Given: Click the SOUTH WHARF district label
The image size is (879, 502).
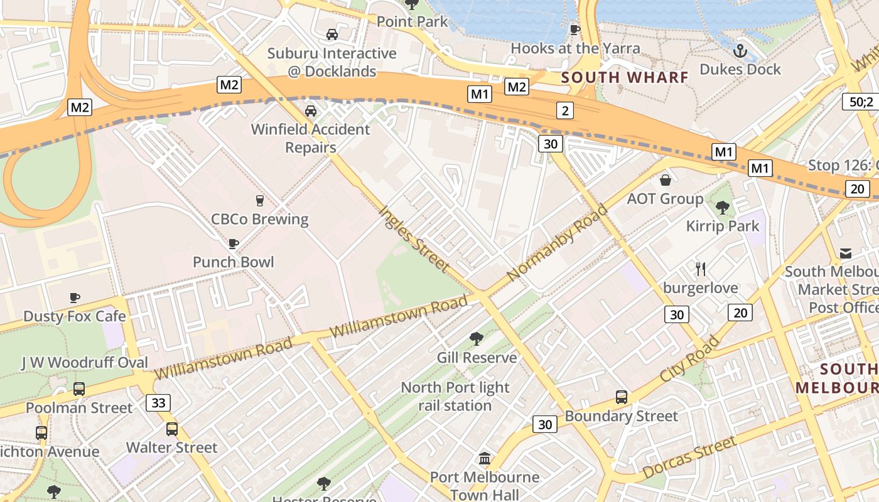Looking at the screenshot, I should pyautogui.click(x=625, y=77).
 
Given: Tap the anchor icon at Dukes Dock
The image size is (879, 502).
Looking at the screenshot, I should pyautogui.click(x=740, y=51).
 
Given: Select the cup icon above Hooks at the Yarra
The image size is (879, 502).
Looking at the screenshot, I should pyautogui.click(x=574, y=29).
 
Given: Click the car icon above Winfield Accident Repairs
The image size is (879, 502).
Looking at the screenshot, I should pyautogui.click(x=310, y=111).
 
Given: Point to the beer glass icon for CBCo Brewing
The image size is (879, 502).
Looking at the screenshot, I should pyautogui.click(x=259, y=201).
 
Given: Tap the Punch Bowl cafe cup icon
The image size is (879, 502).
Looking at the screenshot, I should pyautogui.click(x=234, y=243).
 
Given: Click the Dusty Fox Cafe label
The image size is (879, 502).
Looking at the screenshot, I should pyautogui.click(x=75, y=316).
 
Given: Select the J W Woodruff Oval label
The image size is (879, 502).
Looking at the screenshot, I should pyautogui.click(x=85, y=362).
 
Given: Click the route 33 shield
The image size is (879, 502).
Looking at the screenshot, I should pyautogui.click(x=158, y=402).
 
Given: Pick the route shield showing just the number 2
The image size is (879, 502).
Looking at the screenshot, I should pyautogui.click(x=565, y=111).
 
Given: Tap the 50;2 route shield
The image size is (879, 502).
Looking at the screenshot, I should pyautogui.click(x=861, y=101).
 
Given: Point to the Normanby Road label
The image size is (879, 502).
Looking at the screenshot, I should pyautogui.click(x=557, y=242).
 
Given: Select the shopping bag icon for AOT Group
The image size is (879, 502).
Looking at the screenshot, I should pyautogui.click(x=666, y=181).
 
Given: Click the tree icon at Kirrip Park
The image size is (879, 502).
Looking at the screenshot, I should pyautogui.click(x=723, y=207).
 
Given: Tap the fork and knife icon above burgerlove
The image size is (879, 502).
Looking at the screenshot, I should pyautogui.click(x=701, y=269).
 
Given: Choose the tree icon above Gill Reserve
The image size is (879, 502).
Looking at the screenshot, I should pyautogui.click(x=477, y=339).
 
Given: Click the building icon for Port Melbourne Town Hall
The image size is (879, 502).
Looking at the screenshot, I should pyautogui.click(x=485, y=459).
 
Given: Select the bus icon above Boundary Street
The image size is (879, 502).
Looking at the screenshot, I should pyautogui.click(x=622, y=397).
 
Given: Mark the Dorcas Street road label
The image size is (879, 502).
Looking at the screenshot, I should pyautogui.click(x=688, y=459).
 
